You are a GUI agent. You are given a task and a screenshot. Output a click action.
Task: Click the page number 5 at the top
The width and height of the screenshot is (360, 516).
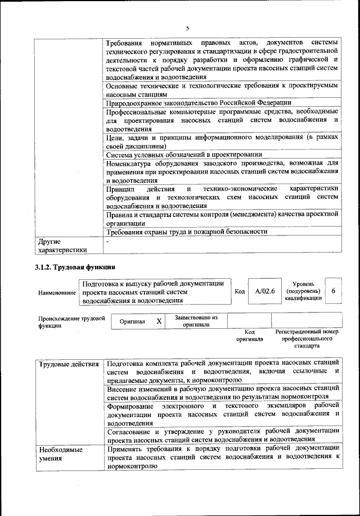tap(187, 13)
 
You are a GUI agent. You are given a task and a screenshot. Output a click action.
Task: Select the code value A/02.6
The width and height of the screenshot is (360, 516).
tap(264, 291)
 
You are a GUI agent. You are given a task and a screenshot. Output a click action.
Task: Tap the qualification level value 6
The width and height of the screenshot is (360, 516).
tap(334, 291)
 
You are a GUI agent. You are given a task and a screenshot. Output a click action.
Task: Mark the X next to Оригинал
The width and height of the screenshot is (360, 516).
tap(159, 321)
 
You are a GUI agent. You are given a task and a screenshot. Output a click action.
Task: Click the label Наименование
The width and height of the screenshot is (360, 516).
tap(57, 293)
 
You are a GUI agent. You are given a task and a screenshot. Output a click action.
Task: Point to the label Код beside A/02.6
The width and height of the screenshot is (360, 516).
tap(239, 292)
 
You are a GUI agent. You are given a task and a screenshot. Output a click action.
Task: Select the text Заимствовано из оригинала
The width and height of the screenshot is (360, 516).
tap(196, 321)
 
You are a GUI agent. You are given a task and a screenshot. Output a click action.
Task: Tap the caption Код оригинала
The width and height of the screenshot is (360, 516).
tap(249, 336)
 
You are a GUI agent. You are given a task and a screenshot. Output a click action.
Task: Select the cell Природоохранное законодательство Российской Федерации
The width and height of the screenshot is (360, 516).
tap(199, 102)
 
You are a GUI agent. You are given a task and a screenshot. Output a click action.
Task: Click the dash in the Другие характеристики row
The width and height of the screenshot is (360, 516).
tap(107, 241)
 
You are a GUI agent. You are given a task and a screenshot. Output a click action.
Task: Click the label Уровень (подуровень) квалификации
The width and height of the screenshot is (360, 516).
tap(304, 291)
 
